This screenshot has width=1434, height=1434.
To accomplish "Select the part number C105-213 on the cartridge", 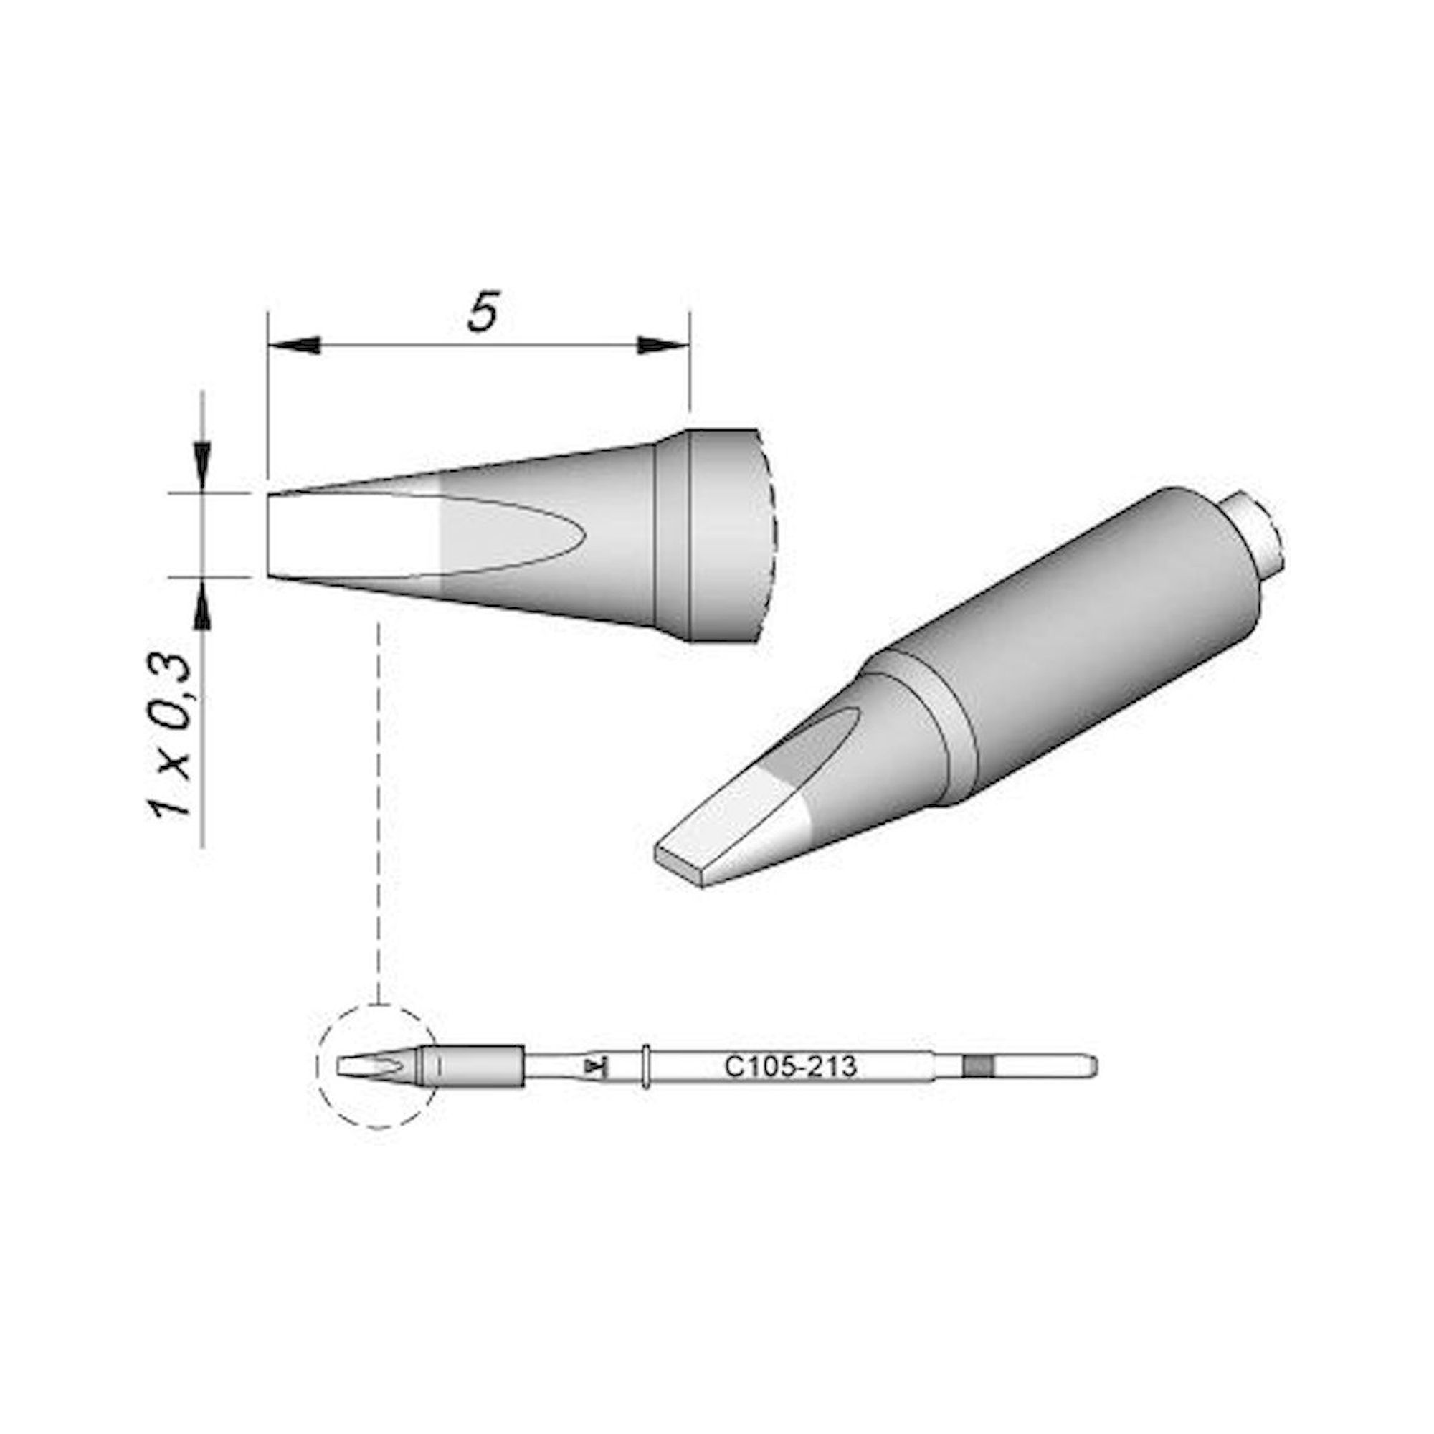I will tap(789, 1068).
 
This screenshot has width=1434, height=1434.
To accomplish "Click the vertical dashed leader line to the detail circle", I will tap(379, 817).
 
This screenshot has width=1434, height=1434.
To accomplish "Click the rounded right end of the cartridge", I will tap(1093, 1068).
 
